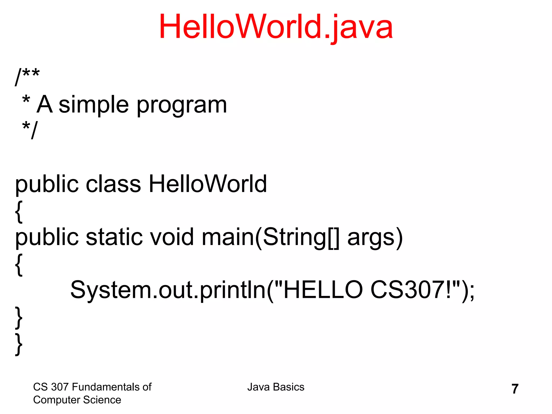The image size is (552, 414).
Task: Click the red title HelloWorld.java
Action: click(x=275, y=27)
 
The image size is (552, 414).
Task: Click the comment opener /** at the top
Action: click(x=27, y=76)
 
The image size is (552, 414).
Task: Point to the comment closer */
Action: click(x=30, y=129)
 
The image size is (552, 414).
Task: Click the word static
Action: click(x=114, y=237)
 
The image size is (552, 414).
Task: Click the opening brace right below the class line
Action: click(x=19, y=211)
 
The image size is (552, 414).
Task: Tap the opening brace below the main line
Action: click(x=19, y=264)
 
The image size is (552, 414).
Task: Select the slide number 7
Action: click(x=515, y=389)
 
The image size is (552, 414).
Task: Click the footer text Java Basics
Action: click(x=276, y=387)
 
